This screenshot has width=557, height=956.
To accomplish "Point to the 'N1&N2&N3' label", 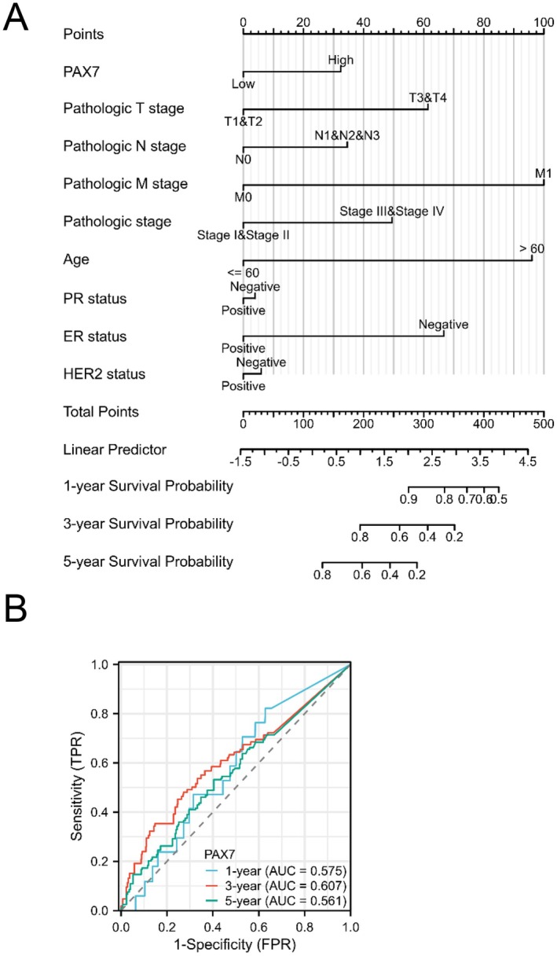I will [x=346, y=135].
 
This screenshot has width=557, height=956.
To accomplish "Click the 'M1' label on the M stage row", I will [x=543, y=173].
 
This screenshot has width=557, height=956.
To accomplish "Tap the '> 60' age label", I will [x=532, y=248].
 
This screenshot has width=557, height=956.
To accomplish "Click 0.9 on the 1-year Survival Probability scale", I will [x=409, y=498].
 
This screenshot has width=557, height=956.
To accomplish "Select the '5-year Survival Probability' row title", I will [x=148, y=561].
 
